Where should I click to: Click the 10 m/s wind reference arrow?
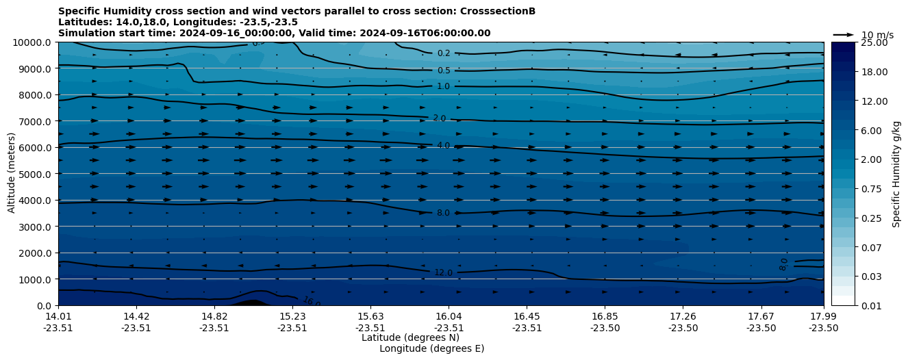pos(844,35)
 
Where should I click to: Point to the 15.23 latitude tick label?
pos(292,316)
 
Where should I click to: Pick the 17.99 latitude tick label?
pos(823,316)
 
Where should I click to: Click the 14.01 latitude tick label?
pos(58,316)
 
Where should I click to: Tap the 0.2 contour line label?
pos(444,53)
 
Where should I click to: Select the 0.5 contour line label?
pos(444,70)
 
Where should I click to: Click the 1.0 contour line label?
pos(444,86)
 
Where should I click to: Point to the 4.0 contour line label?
pos(443,146)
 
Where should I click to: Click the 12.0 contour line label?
pos(443,272)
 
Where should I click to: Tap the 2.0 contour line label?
pos(439,118)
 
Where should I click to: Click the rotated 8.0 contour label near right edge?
pos(784,263)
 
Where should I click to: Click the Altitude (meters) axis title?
pos(12,174)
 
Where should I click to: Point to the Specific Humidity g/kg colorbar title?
pos(896,174)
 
